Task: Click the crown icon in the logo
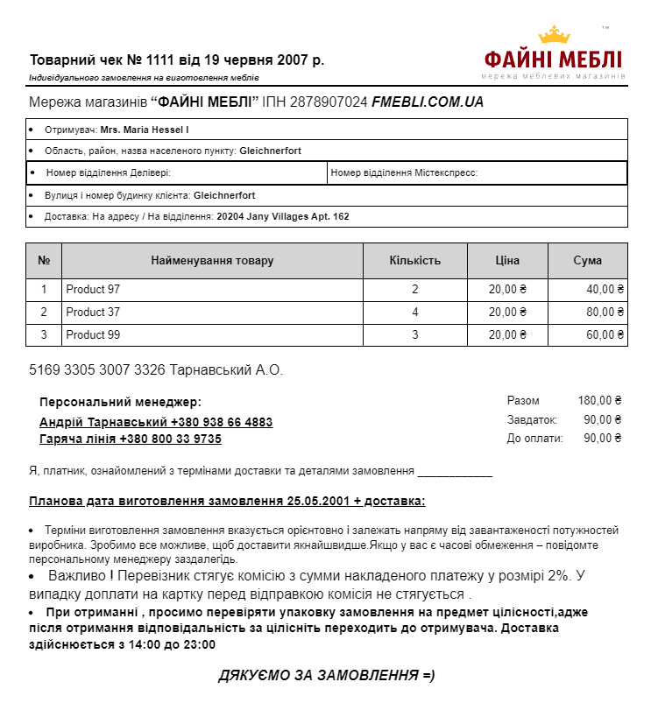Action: click(x=554, y=35)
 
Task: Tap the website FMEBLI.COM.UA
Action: click(x=428, y=102)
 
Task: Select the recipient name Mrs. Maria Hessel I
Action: click(x=145, y=130)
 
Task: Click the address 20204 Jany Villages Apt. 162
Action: click(x=283, y=216)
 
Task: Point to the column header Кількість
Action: click(x=414, y=261)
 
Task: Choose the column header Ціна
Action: click(x=506, y=261)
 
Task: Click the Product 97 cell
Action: click(x=93, y=290)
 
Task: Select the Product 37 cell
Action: click(x=93, y=313)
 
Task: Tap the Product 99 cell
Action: click(x=93, y=335)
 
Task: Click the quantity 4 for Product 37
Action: click(x=415, y=313)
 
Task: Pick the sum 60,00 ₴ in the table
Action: click(x=605, y=335)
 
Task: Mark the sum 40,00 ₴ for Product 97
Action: click(x=605, y=290)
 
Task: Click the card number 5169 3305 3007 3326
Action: click(x=97, y=370)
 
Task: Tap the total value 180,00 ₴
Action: click(x=599, y=401)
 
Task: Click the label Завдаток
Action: click(x=532, y=420)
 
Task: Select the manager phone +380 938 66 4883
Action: click(x=222, y=422)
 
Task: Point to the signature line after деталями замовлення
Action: click(x=455, y=473)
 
